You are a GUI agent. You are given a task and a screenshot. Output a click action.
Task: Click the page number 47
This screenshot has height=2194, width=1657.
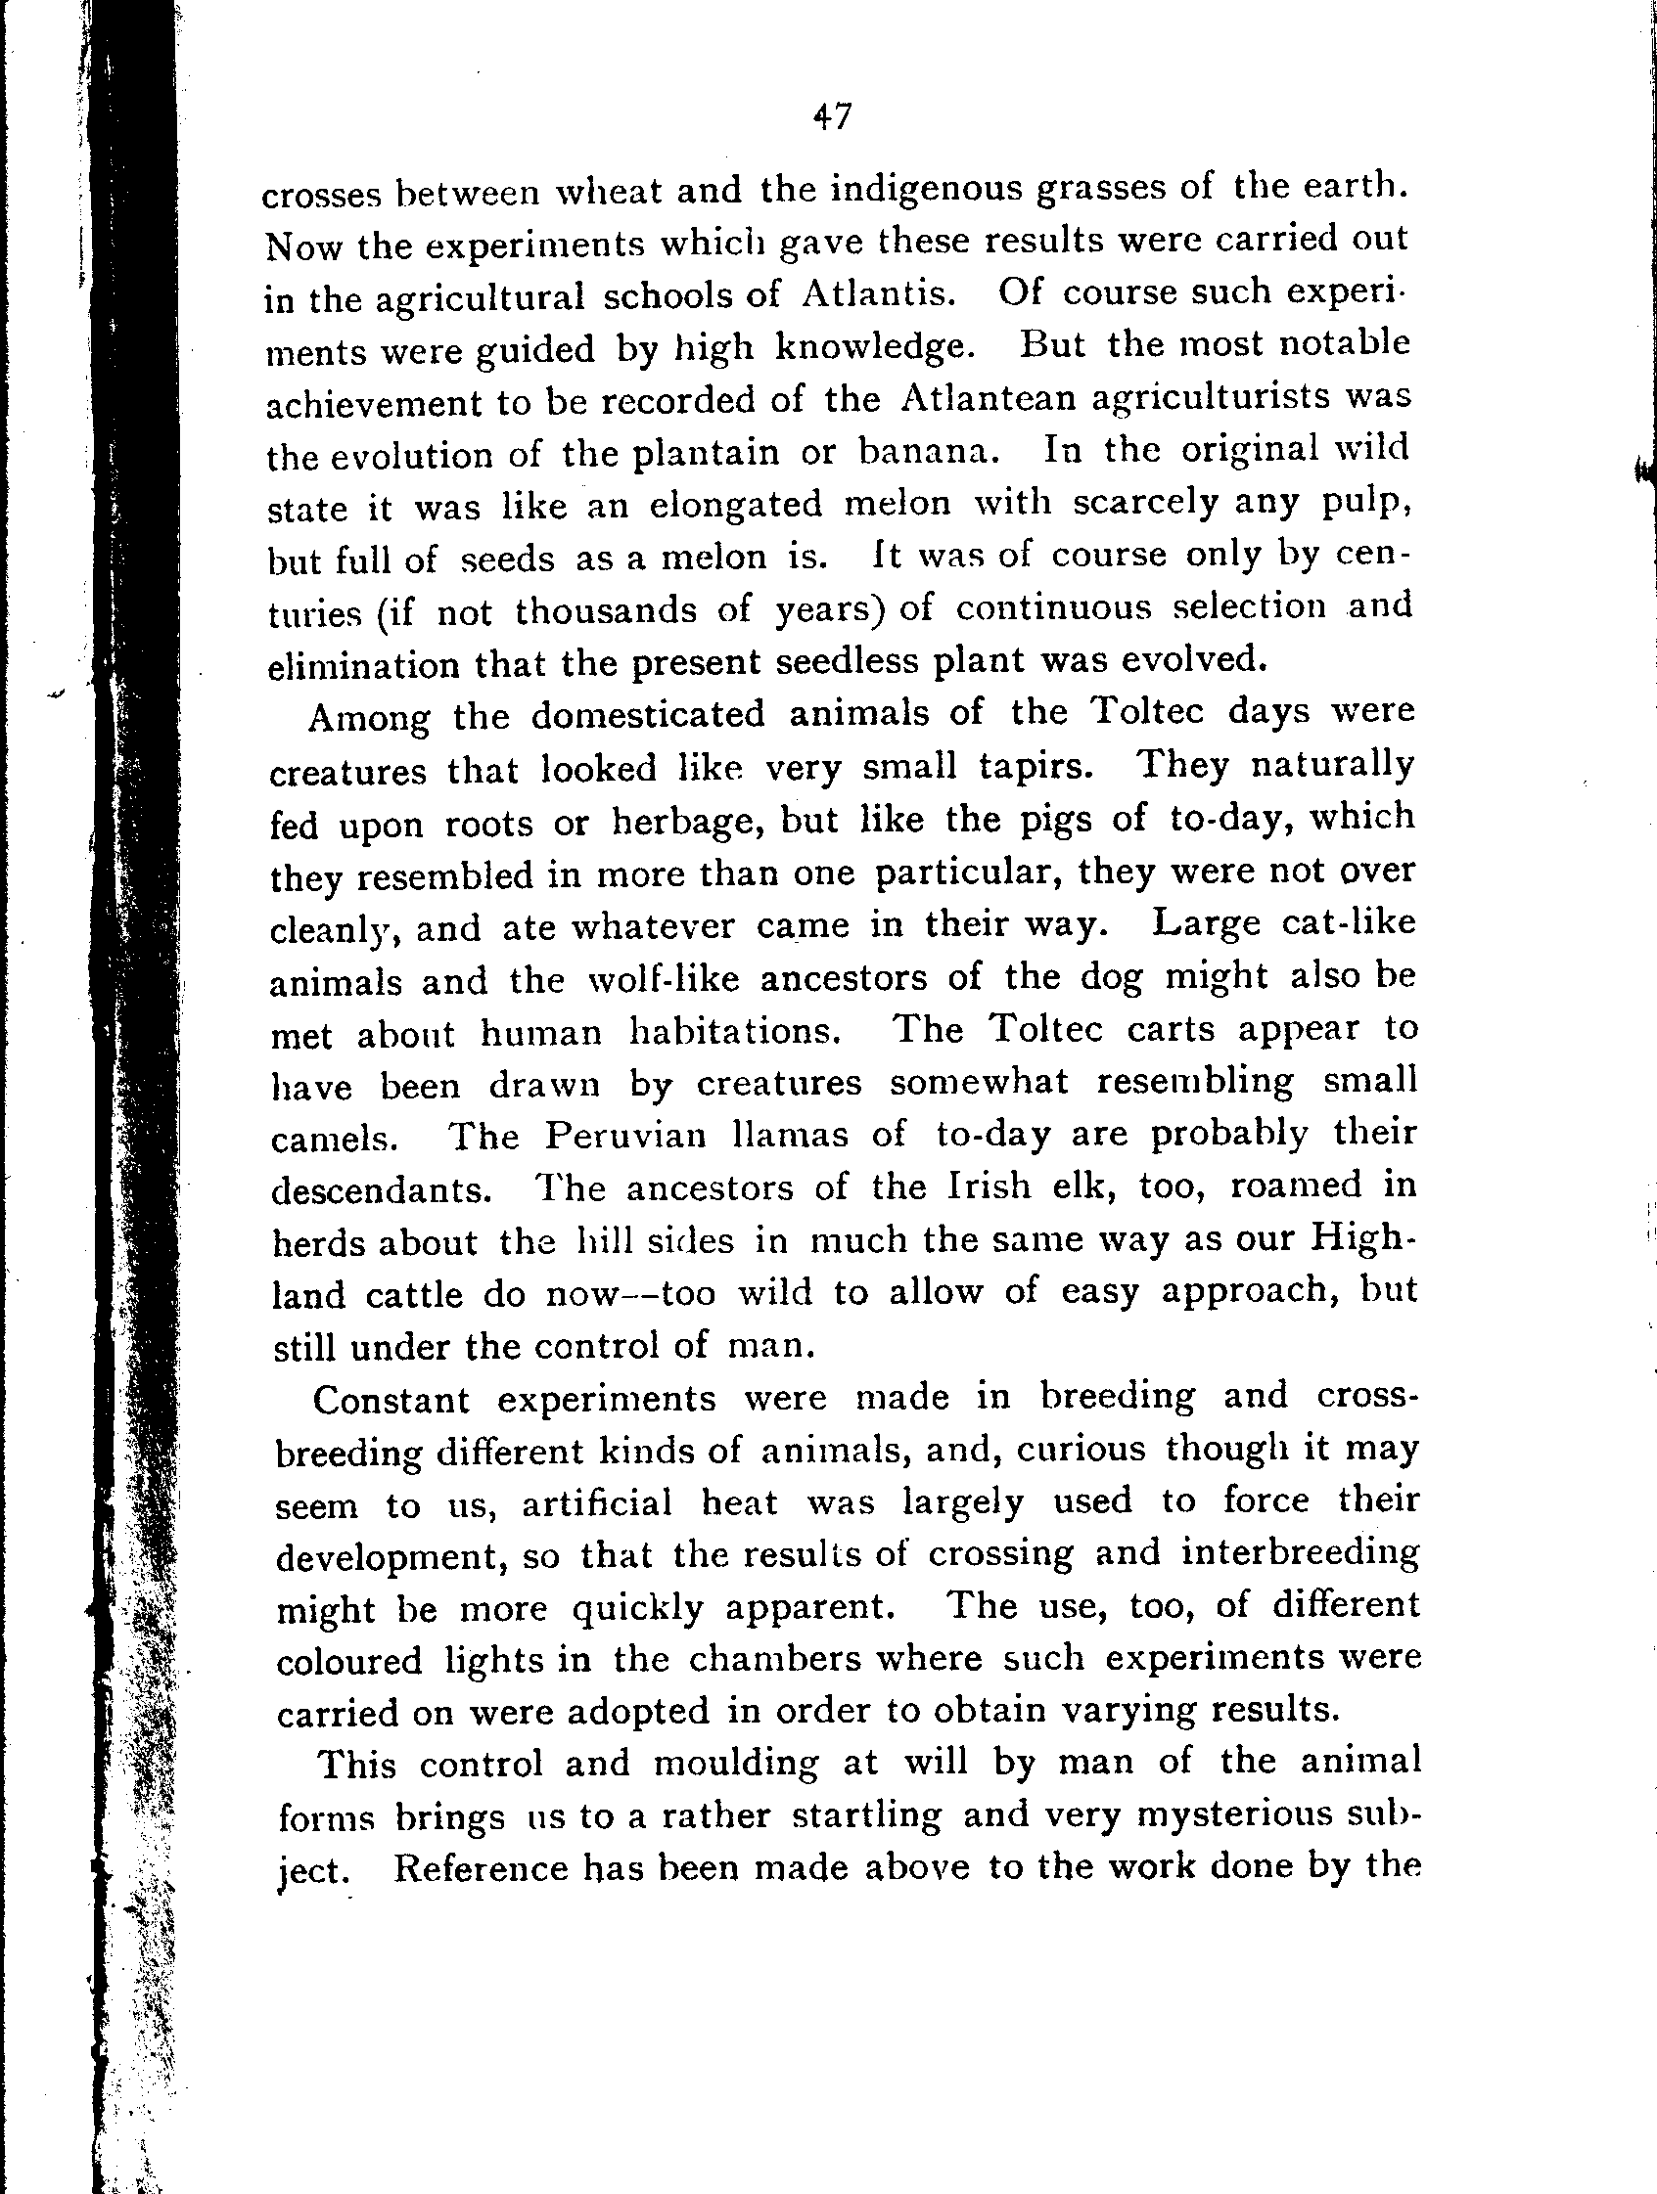pos(832,117)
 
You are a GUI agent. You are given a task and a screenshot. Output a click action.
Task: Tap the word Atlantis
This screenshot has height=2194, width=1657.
pos(878,294)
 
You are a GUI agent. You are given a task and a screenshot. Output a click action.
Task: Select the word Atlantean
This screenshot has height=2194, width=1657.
pos(990,399)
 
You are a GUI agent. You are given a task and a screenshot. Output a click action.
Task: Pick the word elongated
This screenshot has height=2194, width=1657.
pos(735,505)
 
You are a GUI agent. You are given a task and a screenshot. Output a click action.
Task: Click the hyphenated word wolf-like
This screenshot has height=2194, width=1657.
pos(664,980)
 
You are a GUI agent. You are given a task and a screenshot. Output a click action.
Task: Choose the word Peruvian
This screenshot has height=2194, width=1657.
pos(625,1135)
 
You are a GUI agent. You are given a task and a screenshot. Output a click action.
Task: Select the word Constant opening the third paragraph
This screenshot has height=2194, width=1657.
pos(391,1400)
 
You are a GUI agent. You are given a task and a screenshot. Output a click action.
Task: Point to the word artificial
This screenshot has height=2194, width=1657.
pos(596,1503)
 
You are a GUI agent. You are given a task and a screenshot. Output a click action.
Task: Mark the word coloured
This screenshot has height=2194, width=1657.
pos(349,1660)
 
